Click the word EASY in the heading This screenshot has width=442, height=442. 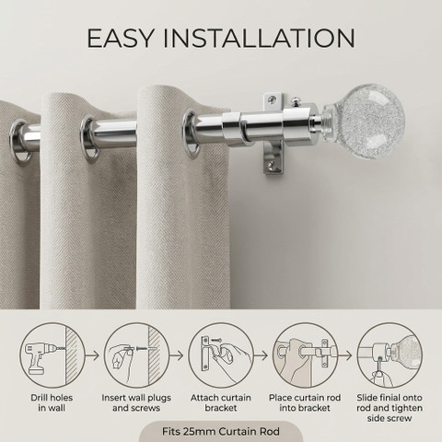click(x=120, y=38)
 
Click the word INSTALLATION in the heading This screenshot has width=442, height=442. click(x=259, y=38)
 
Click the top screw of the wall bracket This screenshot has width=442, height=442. click(x=272, y=99)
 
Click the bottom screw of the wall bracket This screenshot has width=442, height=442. click(x=272, y=165)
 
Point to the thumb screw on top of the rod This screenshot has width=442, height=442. click(x=297, y=101)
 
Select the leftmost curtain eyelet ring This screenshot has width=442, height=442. click(x=21, y=141)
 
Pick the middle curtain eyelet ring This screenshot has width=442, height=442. click(x=90, y=139)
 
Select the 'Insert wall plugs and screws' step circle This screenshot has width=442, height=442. click(x=136, y=356)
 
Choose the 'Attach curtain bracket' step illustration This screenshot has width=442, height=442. click(x=221, y=356)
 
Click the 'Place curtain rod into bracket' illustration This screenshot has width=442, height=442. click(x=305, y=356)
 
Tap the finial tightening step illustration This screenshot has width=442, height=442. click(x=390, y=356)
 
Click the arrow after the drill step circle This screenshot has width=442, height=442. click(x=92, y=355)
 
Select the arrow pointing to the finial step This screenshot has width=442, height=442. click(x=345, y=355)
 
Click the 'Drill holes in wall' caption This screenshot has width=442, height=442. click(x=52, y=402)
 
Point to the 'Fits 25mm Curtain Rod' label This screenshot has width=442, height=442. click(x=221, y=431)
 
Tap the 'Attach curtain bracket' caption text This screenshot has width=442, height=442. click(x=221, y=402)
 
